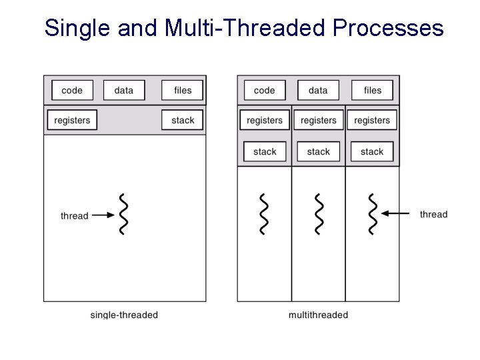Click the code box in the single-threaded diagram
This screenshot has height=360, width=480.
coord(72,91)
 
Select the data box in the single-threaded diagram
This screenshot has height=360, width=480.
coord(124,91)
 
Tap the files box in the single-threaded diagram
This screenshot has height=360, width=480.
coord(182,91)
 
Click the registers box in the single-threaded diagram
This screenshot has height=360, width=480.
coord(72,121)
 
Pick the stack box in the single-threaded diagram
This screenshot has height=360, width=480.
coord(182,121)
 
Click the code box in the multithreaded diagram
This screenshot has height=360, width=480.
coord(265,91)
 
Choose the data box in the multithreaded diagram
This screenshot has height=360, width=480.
coord(318,91)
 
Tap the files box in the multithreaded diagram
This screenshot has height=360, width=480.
coord(373,91)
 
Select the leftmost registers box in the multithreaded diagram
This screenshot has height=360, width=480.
coord(265,121)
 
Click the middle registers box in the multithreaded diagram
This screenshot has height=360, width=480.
coord(318,121)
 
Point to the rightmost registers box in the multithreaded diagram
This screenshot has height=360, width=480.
coord(372,121)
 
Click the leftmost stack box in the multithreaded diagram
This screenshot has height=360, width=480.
coord(265,152)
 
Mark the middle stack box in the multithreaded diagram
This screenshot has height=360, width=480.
coord(318,152)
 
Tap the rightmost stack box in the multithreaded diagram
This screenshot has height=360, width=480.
coord(372,152)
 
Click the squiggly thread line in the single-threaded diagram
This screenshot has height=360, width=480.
coord(123,214)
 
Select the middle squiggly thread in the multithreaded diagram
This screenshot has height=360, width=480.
coord(319,214)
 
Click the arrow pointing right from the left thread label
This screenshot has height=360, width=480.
coord(103,215)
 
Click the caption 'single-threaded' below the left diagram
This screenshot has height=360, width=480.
coord(124,315)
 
